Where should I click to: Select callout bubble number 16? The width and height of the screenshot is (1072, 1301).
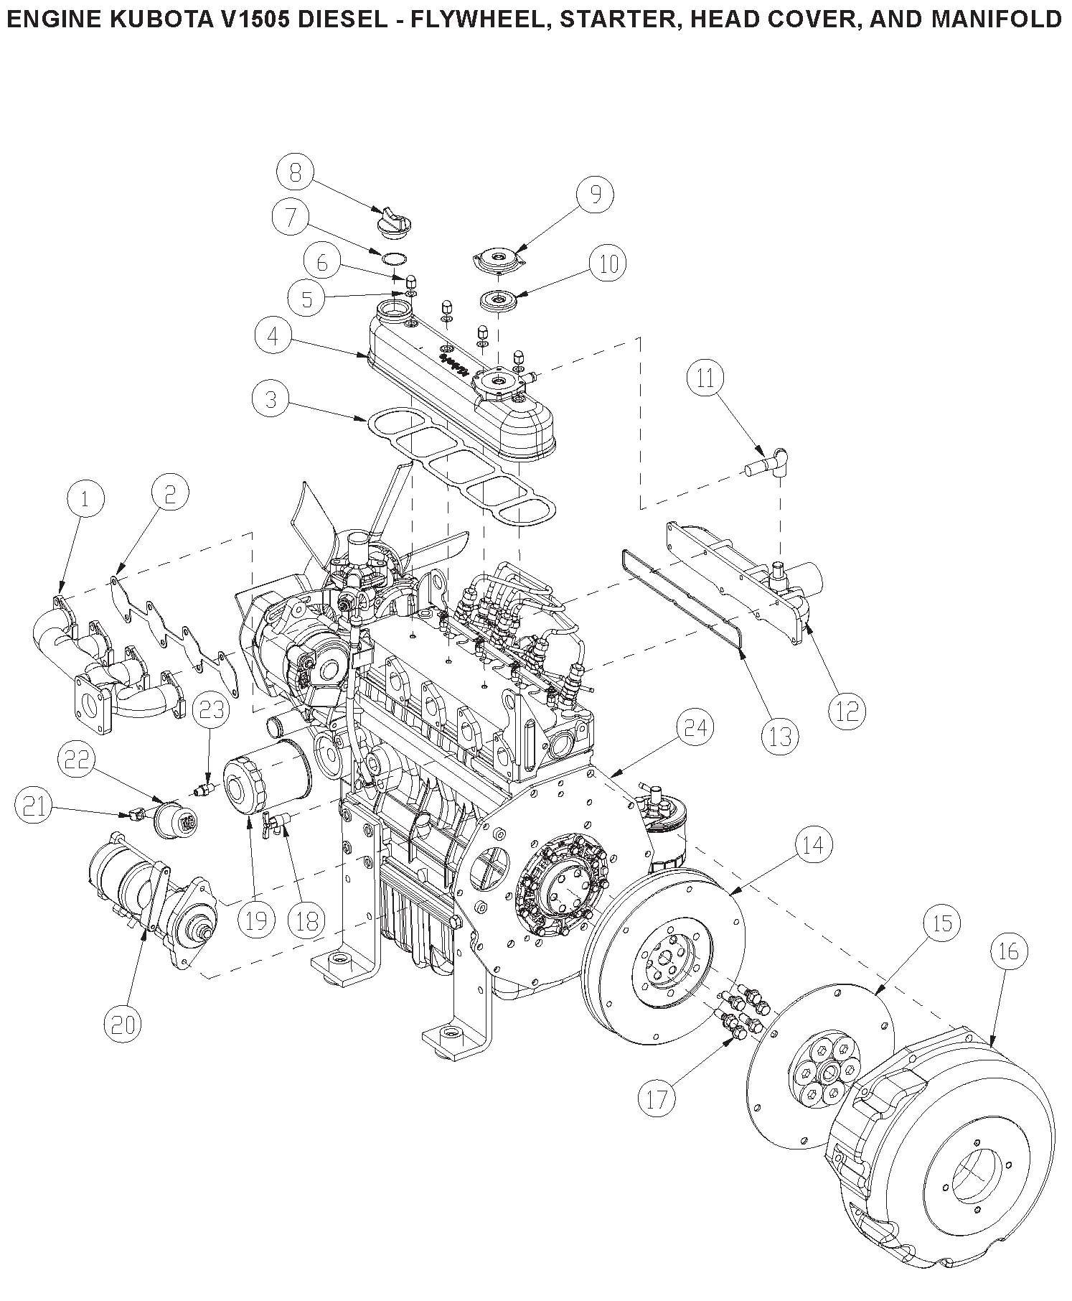tap(1008, 951)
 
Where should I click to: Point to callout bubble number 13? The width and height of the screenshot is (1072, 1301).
tap(780, 736)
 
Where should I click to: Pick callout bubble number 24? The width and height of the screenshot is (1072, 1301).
tap(695, 728)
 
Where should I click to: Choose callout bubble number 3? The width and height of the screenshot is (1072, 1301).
tap(271, 398)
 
